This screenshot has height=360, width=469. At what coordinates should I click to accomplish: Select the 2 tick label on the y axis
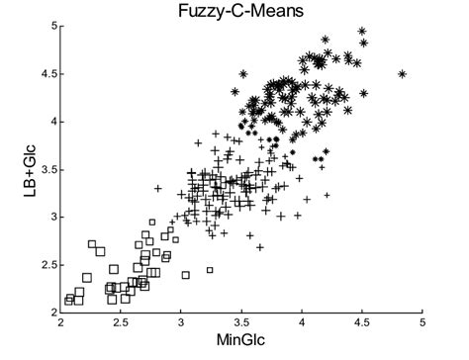pyautogui.click(x=51, y=312)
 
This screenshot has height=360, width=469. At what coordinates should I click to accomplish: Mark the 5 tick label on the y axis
pyautogui.click(x=51, y=27)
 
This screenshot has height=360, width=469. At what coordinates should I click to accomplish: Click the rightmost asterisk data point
pyautogui.click(x=403, y=73)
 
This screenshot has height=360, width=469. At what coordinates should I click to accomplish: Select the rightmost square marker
pyautogui.click(x=210, y=270)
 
